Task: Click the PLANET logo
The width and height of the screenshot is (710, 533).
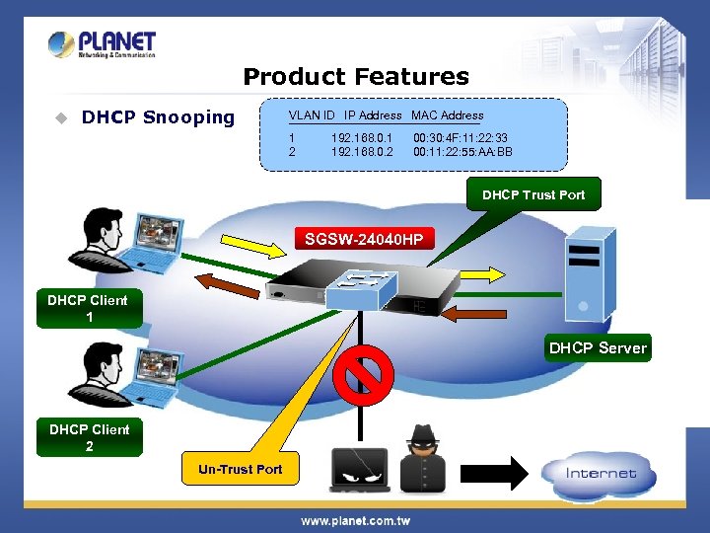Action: point(103,44)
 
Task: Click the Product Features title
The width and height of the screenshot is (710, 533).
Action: point(355,76)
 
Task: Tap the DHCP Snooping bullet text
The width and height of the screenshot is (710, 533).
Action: point(158,117)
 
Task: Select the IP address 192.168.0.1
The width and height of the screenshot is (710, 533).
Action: point(362,138)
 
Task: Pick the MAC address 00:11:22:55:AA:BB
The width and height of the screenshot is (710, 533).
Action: point(462,152)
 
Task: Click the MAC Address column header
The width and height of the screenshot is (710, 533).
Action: point(448,115)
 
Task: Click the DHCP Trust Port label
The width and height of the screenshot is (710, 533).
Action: point(532,194)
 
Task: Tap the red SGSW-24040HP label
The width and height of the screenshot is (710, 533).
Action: point(364,239)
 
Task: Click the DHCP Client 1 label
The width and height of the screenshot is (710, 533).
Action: point(89,308)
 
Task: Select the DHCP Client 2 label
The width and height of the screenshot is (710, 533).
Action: point(89,437)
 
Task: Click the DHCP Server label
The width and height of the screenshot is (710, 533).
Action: point(598,347)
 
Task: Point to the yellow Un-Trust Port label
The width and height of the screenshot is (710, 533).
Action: point(240,469)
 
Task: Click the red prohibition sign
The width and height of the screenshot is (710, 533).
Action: point(363,374)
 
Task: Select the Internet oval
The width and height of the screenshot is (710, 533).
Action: point(601,473)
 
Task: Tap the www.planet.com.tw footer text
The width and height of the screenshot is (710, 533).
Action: point(355,520)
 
